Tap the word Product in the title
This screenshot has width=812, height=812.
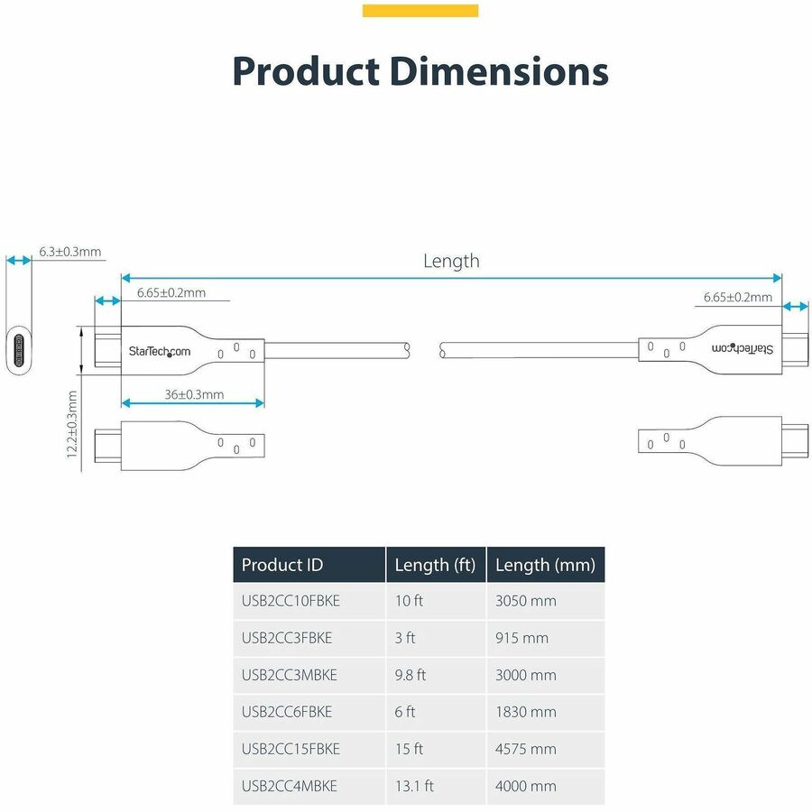(x=303, y=71)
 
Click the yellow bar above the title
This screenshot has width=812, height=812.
(x=420, y=11)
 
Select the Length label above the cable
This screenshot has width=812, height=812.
(x=451, y=262)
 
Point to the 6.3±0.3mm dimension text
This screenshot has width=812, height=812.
(x=70, y=252)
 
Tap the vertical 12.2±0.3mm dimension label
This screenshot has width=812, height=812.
(x=72, y=424)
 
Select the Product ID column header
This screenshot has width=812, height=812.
(x=282, y=566)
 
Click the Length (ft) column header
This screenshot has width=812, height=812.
(x=436, y=566)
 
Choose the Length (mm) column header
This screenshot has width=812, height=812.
(x=545, y=566)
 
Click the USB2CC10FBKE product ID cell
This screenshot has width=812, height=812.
(x=291, y=601)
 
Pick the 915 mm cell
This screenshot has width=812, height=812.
(x=521, y=638)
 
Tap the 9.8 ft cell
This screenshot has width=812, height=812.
(x=411, y=675)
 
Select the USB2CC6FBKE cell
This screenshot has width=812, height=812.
(x=287, y=712)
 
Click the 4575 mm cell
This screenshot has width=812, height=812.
(x=526, y=749)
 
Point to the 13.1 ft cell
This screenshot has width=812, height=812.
(x=414, y=786)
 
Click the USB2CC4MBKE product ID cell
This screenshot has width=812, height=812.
(x=290, y=786)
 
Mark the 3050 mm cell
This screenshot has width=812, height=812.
(x=526, y=601)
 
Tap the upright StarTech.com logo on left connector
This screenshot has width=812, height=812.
(x=160, y=351)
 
